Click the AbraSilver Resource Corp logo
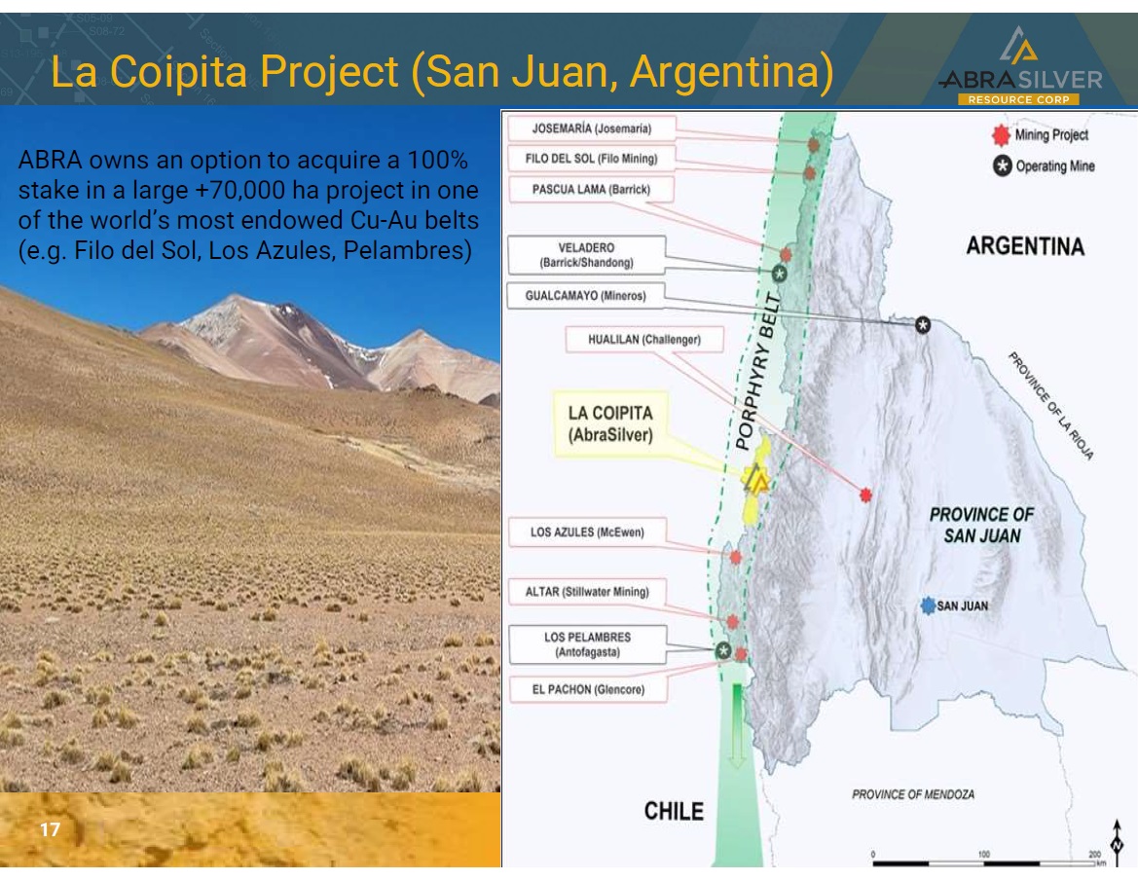(1019, 67)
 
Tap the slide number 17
(50, 829)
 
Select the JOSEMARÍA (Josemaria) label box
(592, 128)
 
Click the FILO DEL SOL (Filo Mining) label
(592, 158)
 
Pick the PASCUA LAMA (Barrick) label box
(591, 190)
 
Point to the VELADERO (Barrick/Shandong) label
(586, 255)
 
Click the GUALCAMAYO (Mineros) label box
(586, 295)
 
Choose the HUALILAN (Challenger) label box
(644, 340)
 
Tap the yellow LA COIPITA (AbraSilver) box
(610, 423)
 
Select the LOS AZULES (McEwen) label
(587, 532)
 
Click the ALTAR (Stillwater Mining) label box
(587, 591)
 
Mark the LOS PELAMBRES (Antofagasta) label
(587, 644)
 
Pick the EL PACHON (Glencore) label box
(588, 689)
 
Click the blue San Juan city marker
(928, 605)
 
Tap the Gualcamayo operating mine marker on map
(923, 325)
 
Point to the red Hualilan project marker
(865, 495)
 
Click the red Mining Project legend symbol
(1002, 135)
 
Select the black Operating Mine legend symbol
(1003, 166)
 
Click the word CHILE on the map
(674, 811)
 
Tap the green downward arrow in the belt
(737, 725)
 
